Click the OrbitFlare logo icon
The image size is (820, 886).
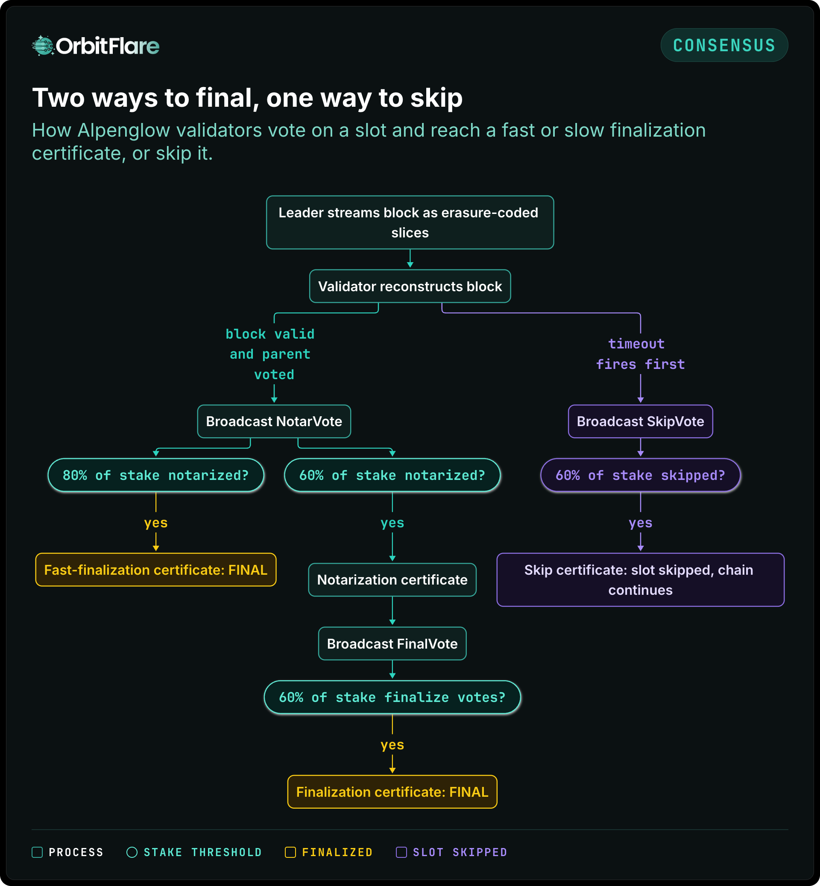[x=43, y=45]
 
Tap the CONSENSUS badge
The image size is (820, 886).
[x=724, y=45]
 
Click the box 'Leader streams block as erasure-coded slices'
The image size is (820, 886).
[x=410, y=222]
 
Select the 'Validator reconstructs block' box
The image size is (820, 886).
[x=410, y=286]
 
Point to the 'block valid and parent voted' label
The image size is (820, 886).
[x=270, y=354]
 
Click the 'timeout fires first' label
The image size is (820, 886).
[x=640, y=354]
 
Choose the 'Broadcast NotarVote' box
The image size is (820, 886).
[x=274, y=421]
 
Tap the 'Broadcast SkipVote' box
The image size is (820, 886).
[x=640, y=421]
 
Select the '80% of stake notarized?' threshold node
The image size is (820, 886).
[x=156, y=475]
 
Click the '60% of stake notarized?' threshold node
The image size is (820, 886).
[x=392, y=475]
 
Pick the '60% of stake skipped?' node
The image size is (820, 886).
[x=640, y=475]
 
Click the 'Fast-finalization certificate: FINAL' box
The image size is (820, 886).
[x=156, y=570]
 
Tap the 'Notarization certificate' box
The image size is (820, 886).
[x=392, y=579]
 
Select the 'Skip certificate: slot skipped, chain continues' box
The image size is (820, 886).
[x=640, y=579]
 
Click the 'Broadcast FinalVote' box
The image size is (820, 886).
[x=392, y=643]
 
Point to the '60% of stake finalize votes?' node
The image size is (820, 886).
[x=392, y=697]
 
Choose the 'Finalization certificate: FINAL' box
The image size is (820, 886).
[x=392, y=792]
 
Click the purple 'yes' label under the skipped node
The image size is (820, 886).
[x=640, y=523]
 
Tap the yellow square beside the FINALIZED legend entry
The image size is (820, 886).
[x=290, y=852]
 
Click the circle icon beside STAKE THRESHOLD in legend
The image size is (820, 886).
[x=132, y=852]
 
